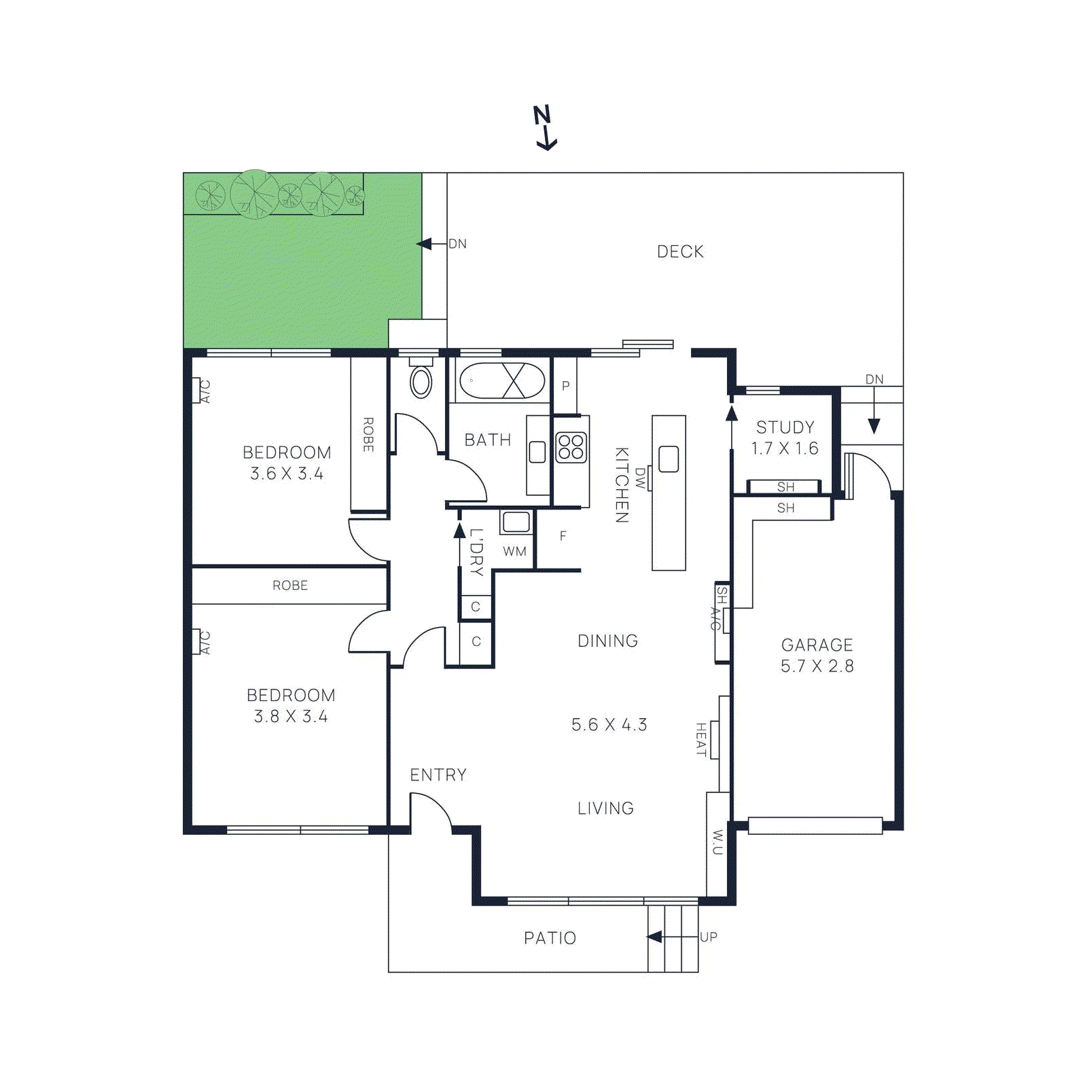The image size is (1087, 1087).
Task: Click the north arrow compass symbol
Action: pyautogui.click(x=544, y=127)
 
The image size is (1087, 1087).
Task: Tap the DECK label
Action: pyautogui.click(x=680, y=252)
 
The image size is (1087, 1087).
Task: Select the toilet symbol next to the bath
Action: pyautogui.click(x=421, y=382)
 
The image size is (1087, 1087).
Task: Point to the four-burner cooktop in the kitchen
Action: pyautogui.click(x=571, y=448)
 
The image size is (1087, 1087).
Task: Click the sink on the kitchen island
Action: pyautogui.click(x=669, y=459)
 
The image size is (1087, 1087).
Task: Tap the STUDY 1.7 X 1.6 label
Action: pyautogui.click(x=785, y=438)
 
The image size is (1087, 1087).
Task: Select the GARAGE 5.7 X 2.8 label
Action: pyautogui.click(x=817, y=655)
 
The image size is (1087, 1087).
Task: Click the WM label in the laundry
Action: pyautogui.click(x=514, y=552)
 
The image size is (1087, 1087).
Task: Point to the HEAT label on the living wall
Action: pyautogui.click(x=701, y=740)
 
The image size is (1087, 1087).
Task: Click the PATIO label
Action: pyautogui.click(x=550, y=938)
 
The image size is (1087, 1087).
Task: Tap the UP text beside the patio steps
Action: pyautogui.click(x=709, y=938)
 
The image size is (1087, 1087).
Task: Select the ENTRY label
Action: pyautogui.click(x=438, y=775)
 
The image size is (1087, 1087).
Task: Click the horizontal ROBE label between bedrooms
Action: pyautogui.click(x=290, y=586)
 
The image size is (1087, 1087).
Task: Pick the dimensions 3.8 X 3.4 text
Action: pyautogui.click(x=291, y=717)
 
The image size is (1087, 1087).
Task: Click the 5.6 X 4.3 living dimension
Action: pyautogui.click(x=609, y=725)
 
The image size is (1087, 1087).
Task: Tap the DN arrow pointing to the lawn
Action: pyautogui.click(x=427, y=244)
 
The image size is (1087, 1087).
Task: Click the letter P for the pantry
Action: pyautogui.click(x=565, y=386)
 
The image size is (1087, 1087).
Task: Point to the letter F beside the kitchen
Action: pyautogui.click(x=563, y=536)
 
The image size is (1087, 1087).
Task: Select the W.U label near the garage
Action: pyautogui.click(x=717, y=842)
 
